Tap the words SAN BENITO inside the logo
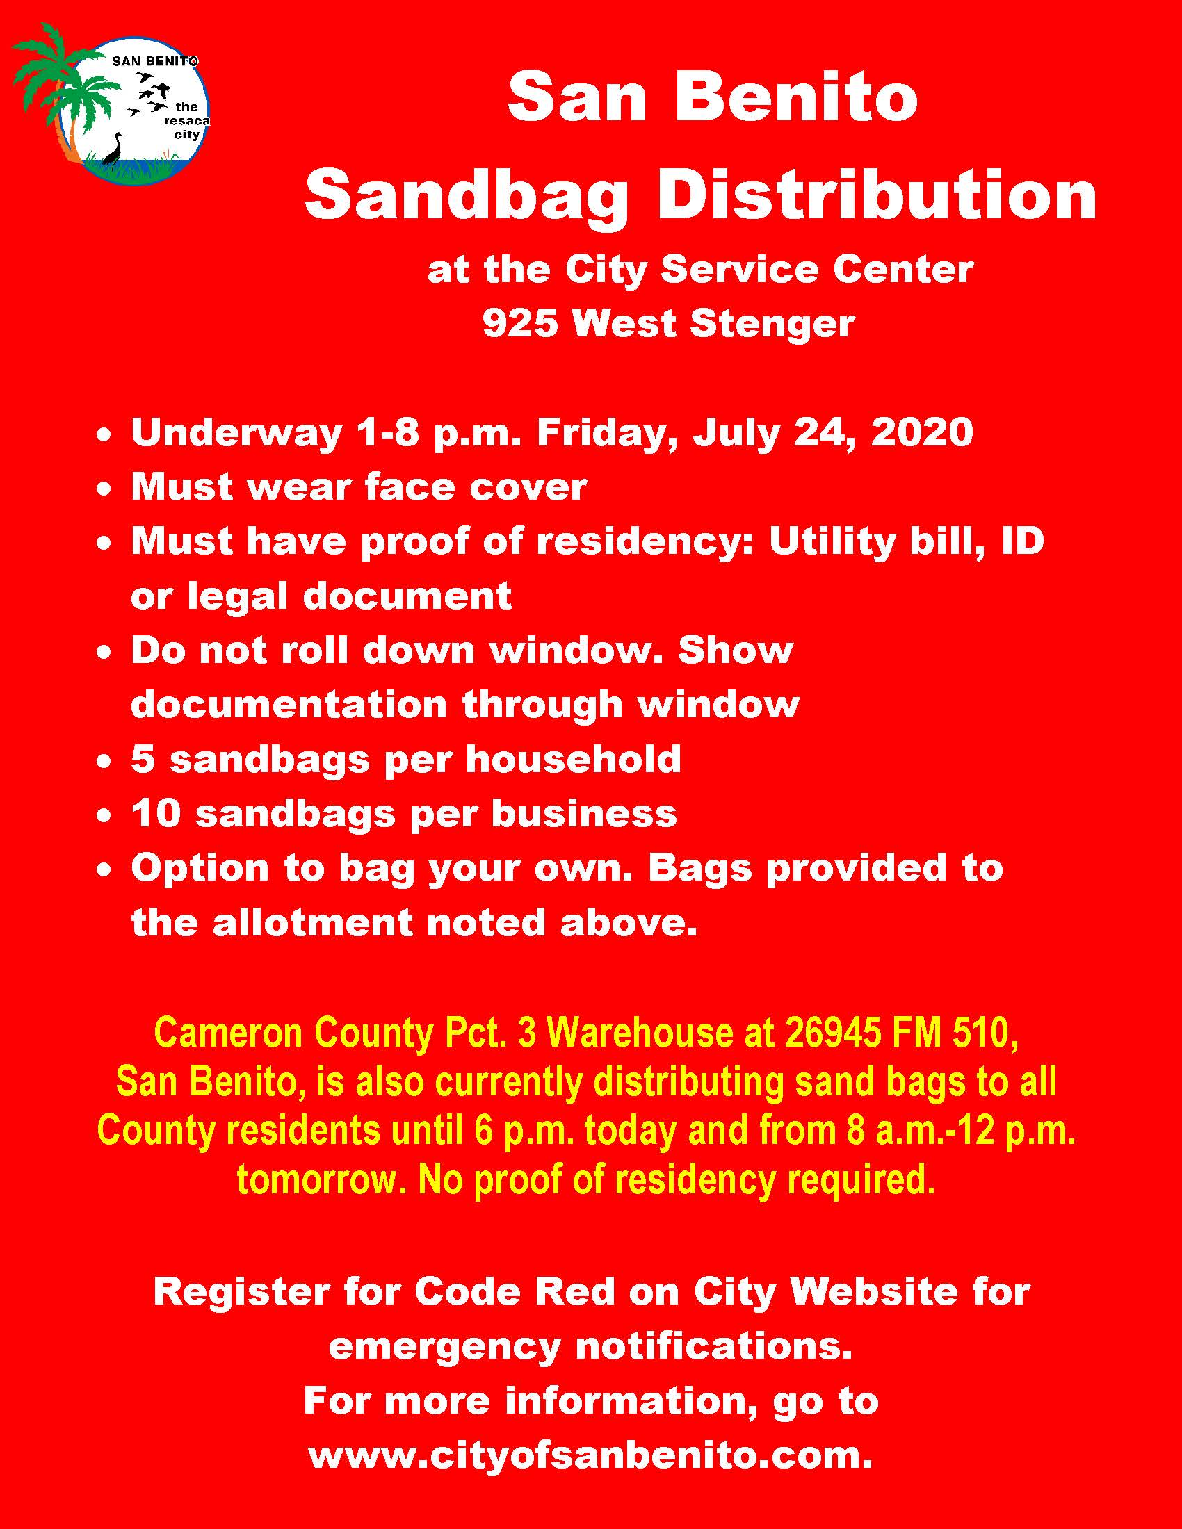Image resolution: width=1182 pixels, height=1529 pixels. click(155, 62)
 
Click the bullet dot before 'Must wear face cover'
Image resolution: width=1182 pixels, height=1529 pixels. click(104, 490)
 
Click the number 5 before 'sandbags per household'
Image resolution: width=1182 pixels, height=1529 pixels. click(142, 759)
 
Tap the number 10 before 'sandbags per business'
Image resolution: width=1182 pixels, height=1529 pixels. click(156, 814)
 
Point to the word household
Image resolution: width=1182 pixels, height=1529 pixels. click(573, 759)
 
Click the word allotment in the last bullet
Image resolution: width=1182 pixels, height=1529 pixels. click(311, 922)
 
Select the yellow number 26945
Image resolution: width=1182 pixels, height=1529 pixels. click(831, 1033)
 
